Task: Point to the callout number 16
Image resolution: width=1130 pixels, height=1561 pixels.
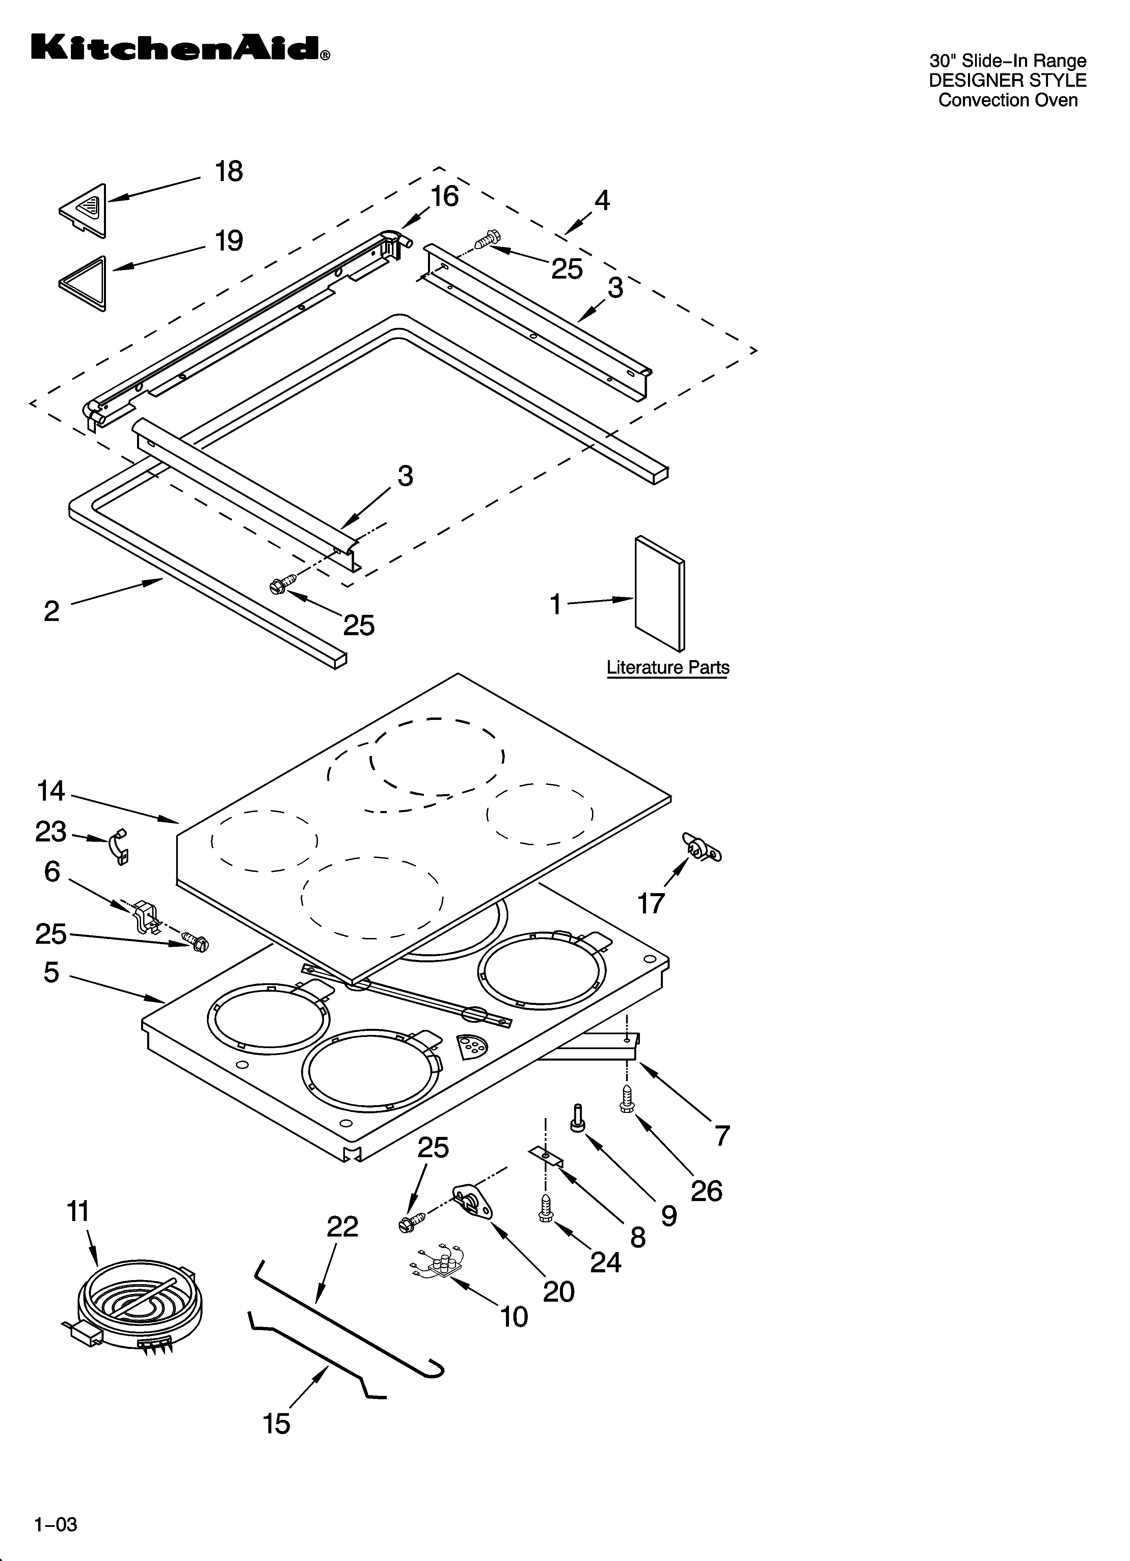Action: point(445,197)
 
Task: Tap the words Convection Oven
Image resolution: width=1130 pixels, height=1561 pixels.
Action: point(1007,101)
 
